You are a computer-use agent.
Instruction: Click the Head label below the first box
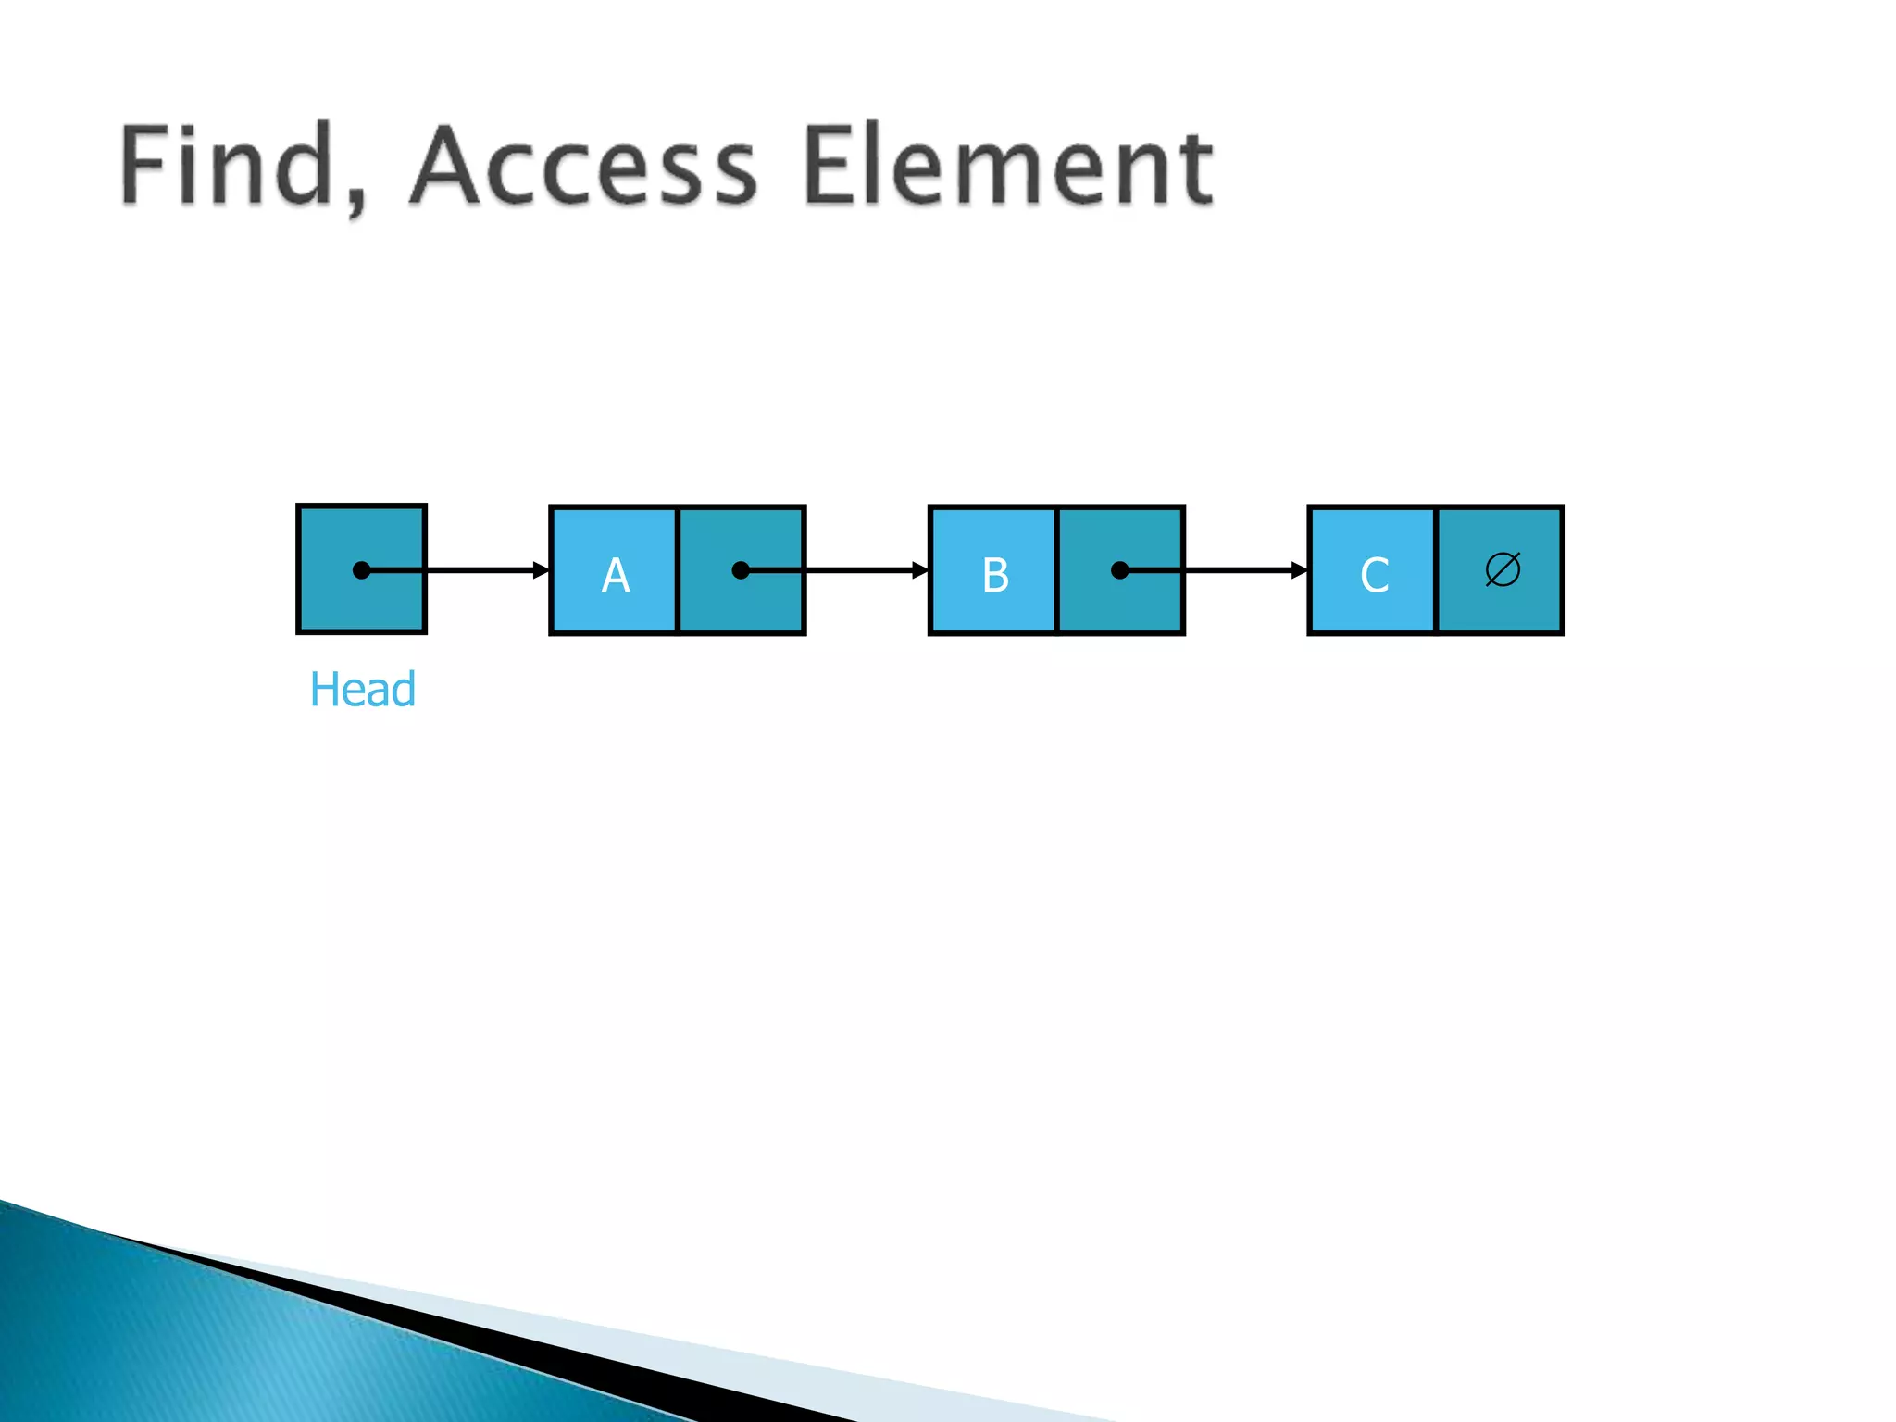[362, 690]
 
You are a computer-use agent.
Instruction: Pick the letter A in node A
[616, 575]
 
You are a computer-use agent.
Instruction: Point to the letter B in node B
[995, 575]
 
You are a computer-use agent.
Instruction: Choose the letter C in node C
[1374, 575]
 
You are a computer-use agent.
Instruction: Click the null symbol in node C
[1502, 569]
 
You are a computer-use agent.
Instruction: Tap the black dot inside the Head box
[362, 570]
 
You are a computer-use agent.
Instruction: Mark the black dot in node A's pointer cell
[741, 570]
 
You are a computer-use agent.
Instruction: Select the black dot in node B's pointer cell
[1119, 570]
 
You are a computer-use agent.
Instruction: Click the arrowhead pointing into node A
[542, 570]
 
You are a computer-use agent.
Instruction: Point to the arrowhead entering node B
[920, 570]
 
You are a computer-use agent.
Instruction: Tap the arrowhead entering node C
[1299, 570]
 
